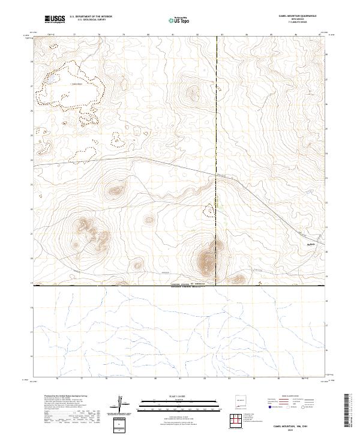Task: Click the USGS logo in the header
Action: [x=55, y=19]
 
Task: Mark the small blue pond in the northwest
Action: [x=52, y=79]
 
